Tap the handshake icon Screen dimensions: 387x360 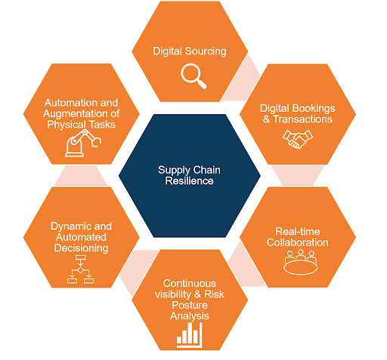pos(298,139)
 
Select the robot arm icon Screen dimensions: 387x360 pos(83,143)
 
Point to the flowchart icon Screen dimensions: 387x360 pos(80,269)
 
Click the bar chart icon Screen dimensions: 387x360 pos(190,335)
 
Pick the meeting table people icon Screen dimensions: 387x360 pos(301,262)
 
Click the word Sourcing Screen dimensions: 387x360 pos(206,51)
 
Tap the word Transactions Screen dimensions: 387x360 pos(302,119)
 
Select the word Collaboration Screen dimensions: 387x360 pos(298,243)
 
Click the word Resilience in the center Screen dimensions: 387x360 pos(190,181)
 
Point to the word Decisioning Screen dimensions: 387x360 pos(82,248)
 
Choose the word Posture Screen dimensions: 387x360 pos(190,306)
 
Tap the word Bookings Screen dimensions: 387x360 pos(314,109)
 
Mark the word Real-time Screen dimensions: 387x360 pos(298,231)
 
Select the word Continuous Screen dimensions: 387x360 pos(190,284)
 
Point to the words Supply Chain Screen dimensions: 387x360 pos(189,170)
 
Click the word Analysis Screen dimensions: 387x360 pos(190,316)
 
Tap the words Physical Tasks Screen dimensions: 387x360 pos(81,125)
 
